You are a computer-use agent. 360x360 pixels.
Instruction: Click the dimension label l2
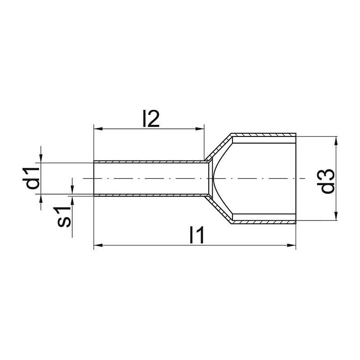pyautogui.click(x=151, y=118)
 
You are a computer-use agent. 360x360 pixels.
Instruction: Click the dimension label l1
pyautogui.click(x=197, y=235)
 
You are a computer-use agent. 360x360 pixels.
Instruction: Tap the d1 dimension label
pyautogui.click(x=31, y=178)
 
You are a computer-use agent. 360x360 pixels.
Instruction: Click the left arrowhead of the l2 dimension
pyautogui.click(x=98, y=129)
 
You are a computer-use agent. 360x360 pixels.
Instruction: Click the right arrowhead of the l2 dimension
pyautogui.click(x=200, y=129)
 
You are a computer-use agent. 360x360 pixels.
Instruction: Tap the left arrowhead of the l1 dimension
pyautogui.click(x=98, y=246)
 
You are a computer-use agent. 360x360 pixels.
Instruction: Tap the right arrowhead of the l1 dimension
pyautogui.click(x=292, y=246)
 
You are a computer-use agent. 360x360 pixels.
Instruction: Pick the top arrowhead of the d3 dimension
pyautogui.click(x=336, y=141)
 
